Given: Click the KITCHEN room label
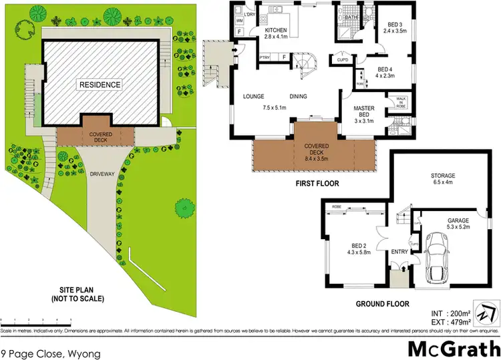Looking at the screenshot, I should [x=277, y=31].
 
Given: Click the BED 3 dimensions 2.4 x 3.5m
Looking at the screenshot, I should [x=395, y=30].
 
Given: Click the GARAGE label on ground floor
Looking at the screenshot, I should [x=454, y=220].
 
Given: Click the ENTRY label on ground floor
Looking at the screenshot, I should [x=399, y=252].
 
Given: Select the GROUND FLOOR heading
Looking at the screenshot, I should [x=383, y=304].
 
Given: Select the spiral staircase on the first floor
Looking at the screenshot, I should [x=309, y=61].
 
